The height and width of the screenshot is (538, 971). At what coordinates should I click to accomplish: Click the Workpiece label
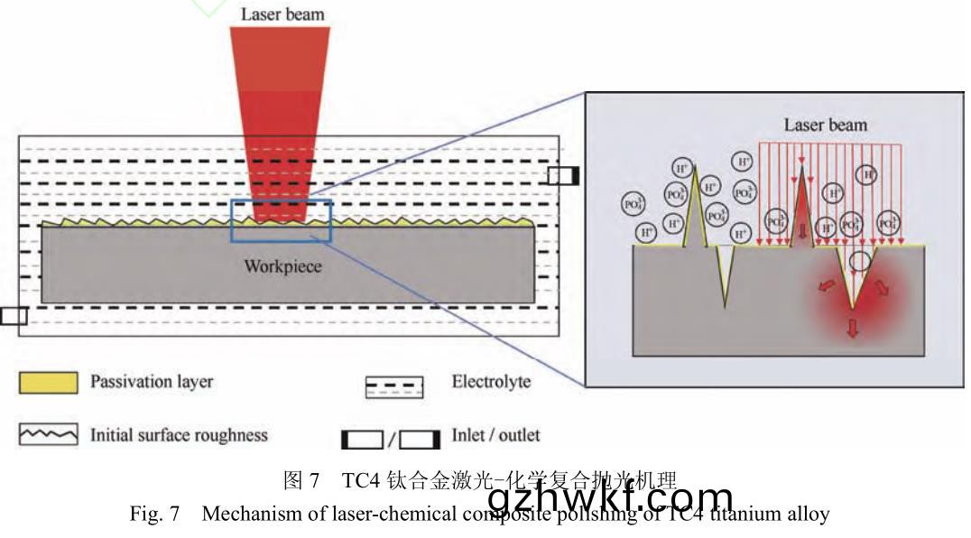tap(282, 266)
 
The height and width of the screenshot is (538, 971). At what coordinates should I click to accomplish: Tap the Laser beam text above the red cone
tap(282, 14)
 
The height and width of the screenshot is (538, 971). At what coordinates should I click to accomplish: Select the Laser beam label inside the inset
tap(825, 125)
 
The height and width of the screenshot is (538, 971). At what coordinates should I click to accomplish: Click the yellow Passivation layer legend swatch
tap(48, 382)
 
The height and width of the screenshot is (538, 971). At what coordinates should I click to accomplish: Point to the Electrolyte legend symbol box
tap(394, 386)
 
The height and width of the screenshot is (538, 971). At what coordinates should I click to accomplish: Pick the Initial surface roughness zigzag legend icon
tap(48, 435)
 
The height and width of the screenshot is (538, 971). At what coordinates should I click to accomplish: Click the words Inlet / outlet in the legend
tap(495, 435)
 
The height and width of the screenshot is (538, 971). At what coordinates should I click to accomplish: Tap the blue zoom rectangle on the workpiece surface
tap(282, 221)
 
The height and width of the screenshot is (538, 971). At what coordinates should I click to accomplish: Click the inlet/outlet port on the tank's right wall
tap(563, 175)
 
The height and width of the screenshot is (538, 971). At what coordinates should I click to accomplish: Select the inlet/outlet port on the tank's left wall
tap(14, 315)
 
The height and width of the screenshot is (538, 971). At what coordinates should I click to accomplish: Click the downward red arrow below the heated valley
tap(851, 328)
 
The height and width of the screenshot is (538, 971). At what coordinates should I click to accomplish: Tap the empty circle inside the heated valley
tap(861, 262)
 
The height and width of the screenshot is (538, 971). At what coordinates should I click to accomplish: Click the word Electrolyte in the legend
tap(491, 382)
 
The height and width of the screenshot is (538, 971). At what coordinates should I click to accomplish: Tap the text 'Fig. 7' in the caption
tap(155, 515)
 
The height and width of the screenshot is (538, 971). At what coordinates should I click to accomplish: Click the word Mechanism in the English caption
tap(245, 515)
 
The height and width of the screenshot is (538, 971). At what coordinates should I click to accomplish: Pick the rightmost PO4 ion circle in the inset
tap(888, 222)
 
